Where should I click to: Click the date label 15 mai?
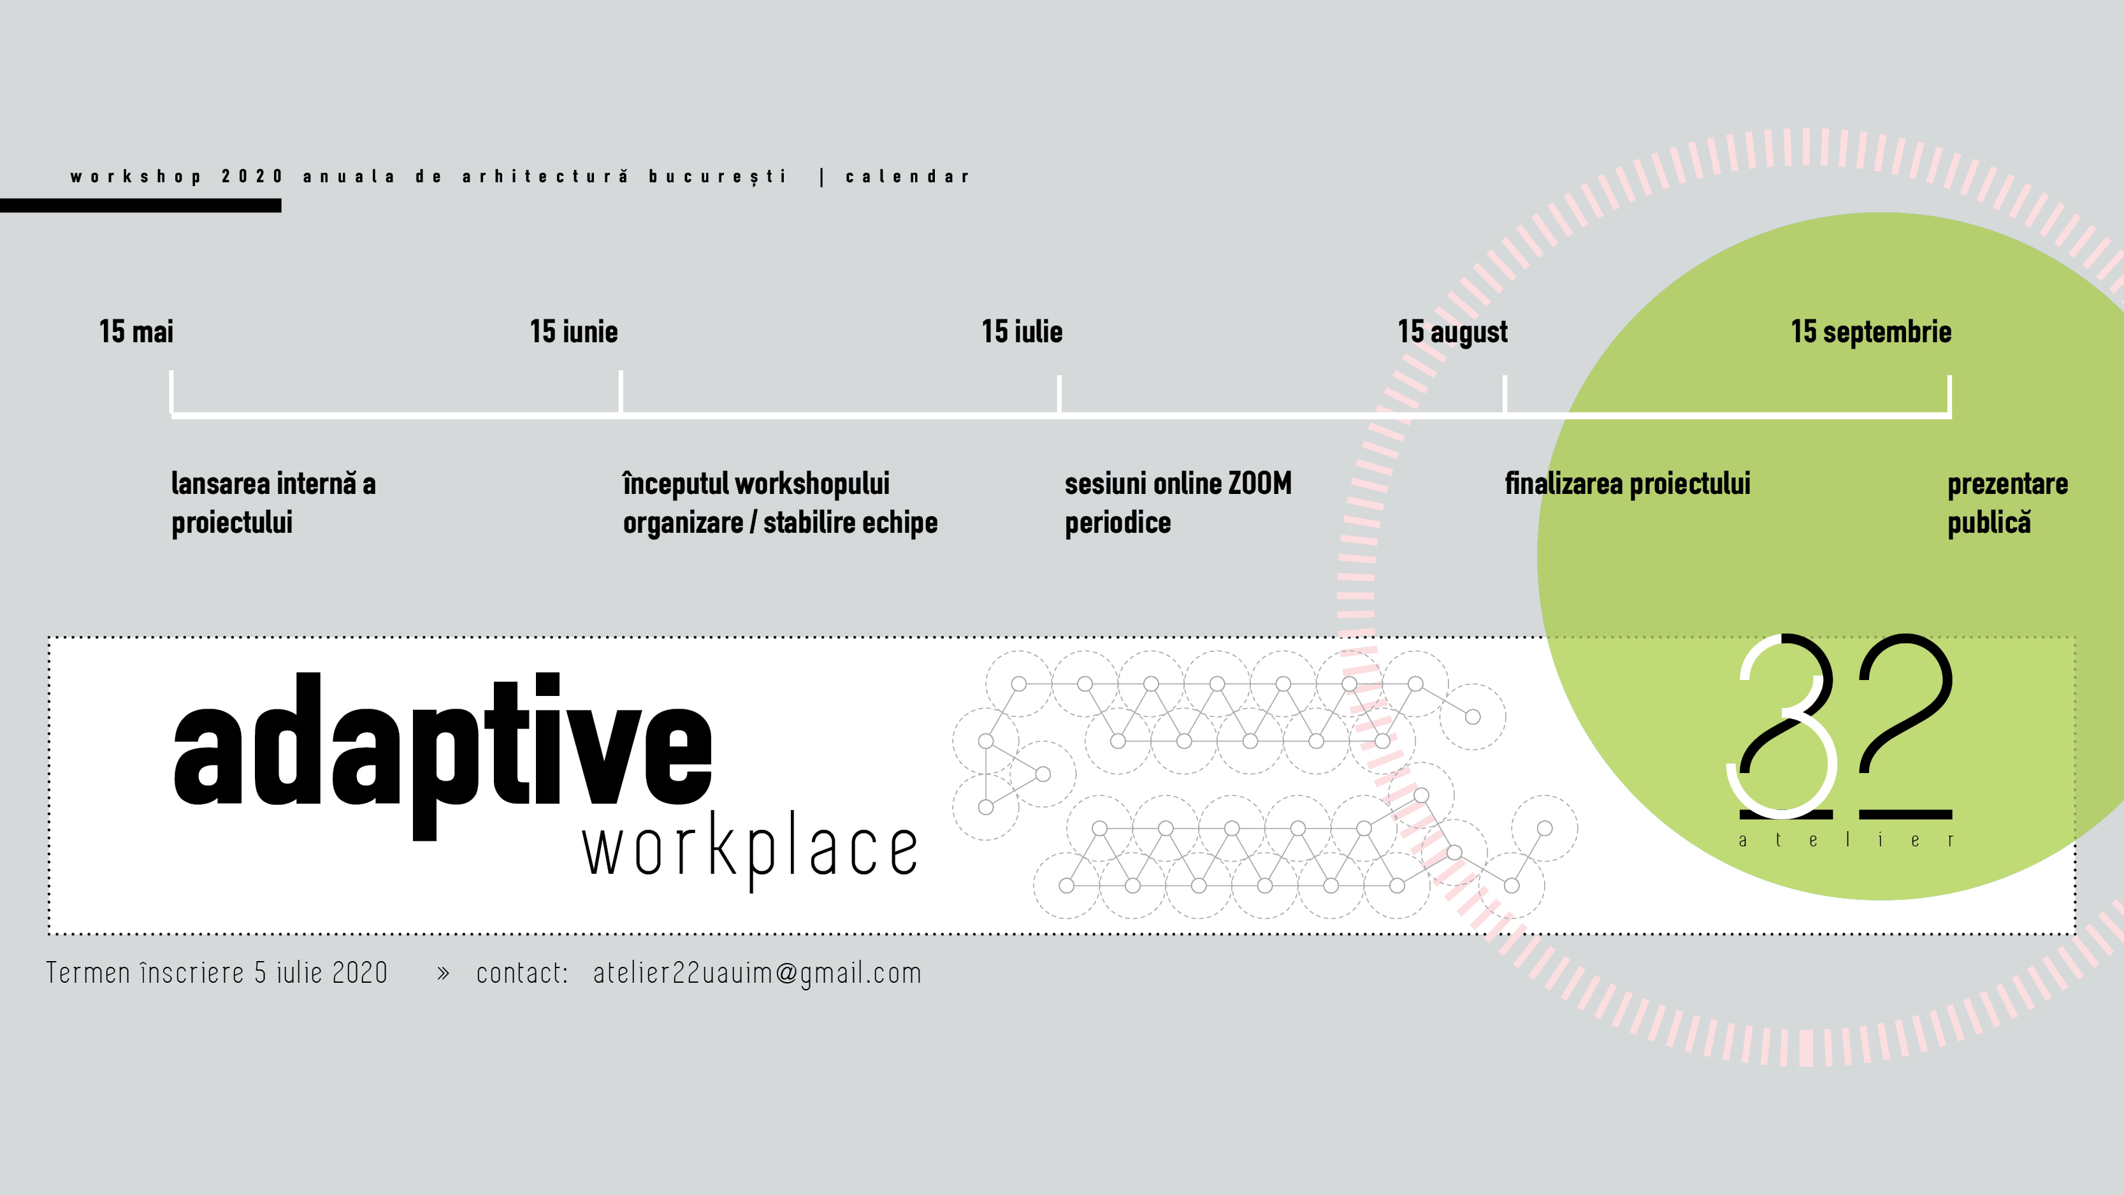[136, 331]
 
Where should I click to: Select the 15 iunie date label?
[574, 331]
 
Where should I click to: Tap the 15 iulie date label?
[1022, 331]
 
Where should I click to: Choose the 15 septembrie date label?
[1871, 332]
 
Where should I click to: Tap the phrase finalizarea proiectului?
[1628, 484]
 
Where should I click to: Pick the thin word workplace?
[750, 850]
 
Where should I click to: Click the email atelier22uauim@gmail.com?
[757, 973]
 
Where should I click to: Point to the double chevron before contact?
[444, 974]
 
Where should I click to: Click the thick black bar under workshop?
[140, 205]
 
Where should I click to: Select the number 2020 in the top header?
[252, 177]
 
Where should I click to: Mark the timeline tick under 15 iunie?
[621, 392]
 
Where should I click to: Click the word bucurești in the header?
[718, 177]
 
